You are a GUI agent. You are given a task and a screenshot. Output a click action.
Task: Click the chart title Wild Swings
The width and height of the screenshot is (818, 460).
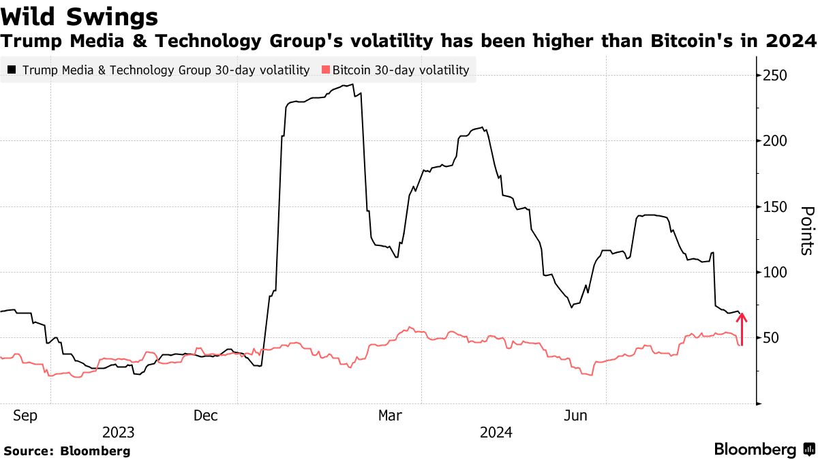pyautogui.click(x=80, y=16)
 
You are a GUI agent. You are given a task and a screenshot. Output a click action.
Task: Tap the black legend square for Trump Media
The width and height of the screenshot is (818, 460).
pyautogui.click(x=12, y=70)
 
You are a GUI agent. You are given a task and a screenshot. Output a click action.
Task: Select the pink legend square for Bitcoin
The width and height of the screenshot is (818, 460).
pyautogui.click(x=326, y=70)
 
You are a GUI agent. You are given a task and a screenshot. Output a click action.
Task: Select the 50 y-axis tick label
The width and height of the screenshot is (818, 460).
pyautogui.click(x=771, y=339)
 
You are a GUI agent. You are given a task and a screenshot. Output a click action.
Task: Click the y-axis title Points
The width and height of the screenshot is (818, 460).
pyautogui.click(x=806, y=230)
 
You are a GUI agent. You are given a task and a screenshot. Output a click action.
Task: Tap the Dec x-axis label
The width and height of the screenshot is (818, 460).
pyautogui.click(x=205, y=416)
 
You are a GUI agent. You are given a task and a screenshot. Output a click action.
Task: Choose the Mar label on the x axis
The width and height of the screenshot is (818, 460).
pyautogui.click(x=391, y=416)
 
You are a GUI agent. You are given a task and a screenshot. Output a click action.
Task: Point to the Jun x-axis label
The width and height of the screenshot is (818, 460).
pyautogui.click(x=577, y=416)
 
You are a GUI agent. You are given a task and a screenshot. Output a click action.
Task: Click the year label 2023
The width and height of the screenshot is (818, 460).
pyautogui.click(x=118, y=433)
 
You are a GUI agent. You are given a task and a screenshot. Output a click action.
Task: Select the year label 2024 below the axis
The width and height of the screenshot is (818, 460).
pyautogui.click(x=496, y=433)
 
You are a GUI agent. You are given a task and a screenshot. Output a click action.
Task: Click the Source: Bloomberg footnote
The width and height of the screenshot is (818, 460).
pyautogui.click(x=67, y=451)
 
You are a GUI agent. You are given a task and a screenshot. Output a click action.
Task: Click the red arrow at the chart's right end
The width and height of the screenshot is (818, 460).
pyautogui.click(x=742, y=328)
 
